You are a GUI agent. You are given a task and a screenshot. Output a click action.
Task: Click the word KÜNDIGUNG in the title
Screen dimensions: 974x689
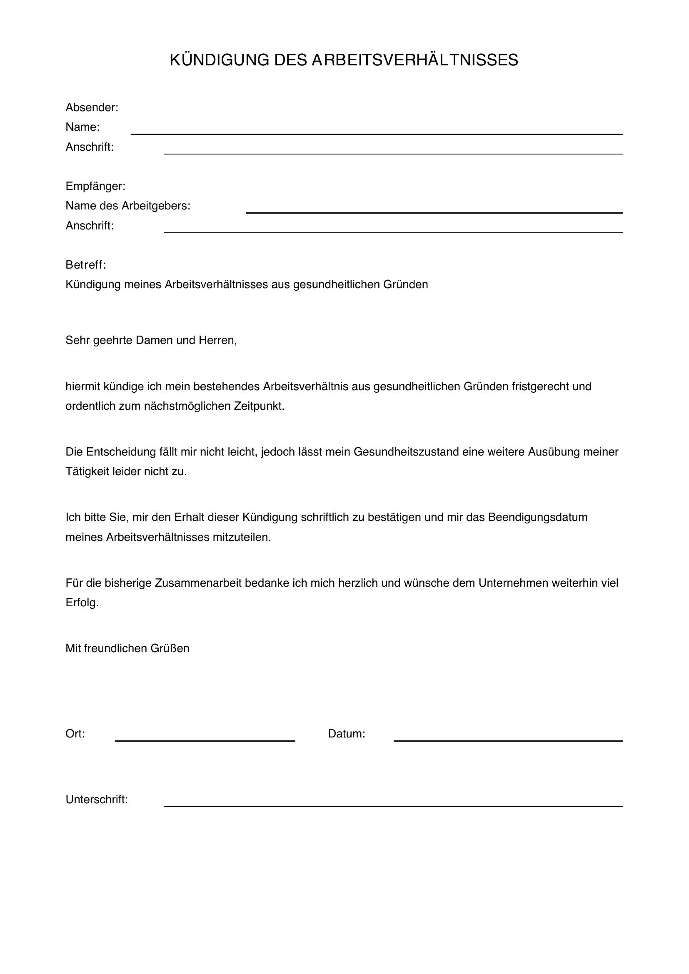[x=219, y=60]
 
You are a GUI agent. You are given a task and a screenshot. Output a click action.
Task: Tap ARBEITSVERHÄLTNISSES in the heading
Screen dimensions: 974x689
[x=414, y=60]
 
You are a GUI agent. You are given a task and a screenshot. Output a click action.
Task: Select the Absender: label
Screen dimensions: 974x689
[x=92, y=108]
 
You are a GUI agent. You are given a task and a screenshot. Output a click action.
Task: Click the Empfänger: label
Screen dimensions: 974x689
[x=95, y=186]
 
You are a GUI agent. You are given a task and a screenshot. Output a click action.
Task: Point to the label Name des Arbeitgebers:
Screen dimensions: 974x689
[x=128, y=206]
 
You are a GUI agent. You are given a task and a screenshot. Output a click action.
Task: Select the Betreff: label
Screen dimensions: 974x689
[x=85, y=265]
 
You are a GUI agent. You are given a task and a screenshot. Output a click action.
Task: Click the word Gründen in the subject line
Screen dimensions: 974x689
[x=406, y=284]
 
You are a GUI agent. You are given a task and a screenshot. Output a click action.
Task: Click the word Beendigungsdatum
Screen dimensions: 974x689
[x=537, y=517]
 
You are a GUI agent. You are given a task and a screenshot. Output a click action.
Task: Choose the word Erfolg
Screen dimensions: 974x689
[x=82, y=603]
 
